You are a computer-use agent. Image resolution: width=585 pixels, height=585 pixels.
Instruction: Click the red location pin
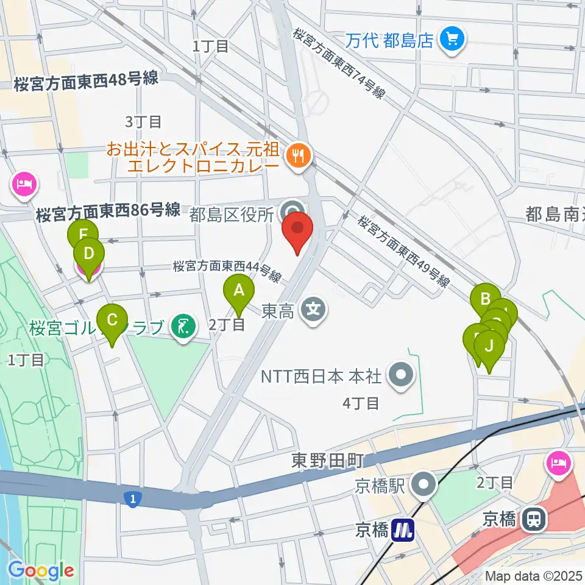297,230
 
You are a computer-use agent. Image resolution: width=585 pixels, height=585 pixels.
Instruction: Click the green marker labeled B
485,299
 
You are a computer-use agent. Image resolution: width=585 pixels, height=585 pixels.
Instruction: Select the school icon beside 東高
313,311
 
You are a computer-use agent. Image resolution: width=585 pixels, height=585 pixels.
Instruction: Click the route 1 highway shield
132,499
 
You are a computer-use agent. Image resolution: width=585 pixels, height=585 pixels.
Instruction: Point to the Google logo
41,570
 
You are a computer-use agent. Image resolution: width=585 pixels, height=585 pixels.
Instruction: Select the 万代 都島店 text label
389,41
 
